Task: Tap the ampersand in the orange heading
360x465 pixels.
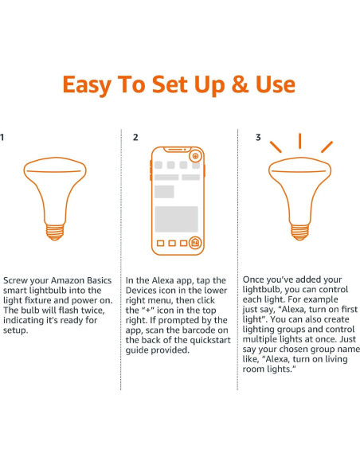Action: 240,84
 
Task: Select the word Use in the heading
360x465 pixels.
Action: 276,84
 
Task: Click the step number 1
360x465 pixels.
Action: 2,137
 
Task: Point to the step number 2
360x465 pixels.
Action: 135,137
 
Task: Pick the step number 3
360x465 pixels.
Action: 258,137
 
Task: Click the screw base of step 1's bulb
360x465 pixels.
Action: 55,232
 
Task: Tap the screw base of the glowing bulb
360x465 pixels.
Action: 299,232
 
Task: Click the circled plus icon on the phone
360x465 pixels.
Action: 195,156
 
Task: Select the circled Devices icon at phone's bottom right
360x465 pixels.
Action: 195,243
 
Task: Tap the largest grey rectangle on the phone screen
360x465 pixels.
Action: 177,219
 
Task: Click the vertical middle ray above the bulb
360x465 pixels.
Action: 299,141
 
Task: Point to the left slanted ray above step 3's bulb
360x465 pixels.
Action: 276,147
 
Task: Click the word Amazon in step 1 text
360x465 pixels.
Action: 67,280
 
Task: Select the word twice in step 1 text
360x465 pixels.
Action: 93,311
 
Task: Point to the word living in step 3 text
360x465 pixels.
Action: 336,359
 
